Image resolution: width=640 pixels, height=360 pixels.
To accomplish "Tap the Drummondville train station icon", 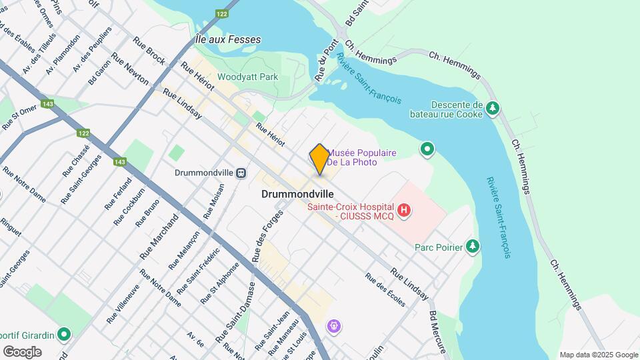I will [241, 173].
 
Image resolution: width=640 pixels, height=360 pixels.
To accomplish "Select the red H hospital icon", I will [403, 211].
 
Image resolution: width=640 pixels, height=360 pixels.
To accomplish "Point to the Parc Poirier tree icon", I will [473, 247].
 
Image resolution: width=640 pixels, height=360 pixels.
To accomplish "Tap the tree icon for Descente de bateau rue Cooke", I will [493, 108].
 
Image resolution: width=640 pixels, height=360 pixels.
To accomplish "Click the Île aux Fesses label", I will [227, 40].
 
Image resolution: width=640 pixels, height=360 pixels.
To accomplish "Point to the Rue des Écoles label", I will [385, 290].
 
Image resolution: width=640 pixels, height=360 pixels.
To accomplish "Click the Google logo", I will [22, 351].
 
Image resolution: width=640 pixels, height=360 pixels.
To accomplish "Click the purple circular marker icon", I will [334, 327].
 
